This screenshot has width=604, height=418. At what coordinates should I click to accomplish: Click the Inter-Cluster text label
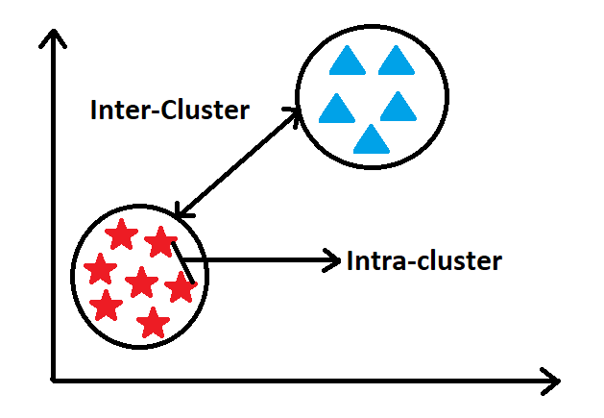tap(169, 110)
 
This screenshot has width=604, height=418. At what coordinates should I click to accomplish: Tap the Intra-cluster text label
tap(423, 260)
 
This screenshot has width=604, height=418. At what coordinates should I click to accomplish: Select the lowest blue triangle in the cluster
tap(371, 140)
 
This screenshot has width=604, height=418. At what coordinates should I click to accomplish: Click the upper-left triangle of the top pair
tap(346, 61)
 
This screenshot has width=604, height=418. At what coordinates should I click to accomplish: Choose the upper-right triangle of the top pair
tap(395, 61)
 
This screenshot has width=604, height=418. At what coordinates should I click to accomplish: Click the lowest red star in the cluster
tap(152, 321)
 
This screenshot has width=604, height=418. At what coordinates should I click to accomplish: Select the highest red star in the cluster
tap(121, 234)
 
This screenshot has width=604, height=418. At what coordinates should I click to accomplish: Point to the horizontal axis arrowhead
tap(549, 381)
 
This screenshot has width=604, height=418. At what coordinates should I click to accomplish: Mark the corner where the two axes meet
tap(53, 379)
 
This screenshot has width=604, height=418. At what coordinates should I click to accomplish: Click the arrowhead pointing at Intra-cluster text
tap(333, 259)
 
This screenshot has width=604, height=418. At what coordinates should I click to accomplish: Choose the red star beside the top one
tap(159, 242)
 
